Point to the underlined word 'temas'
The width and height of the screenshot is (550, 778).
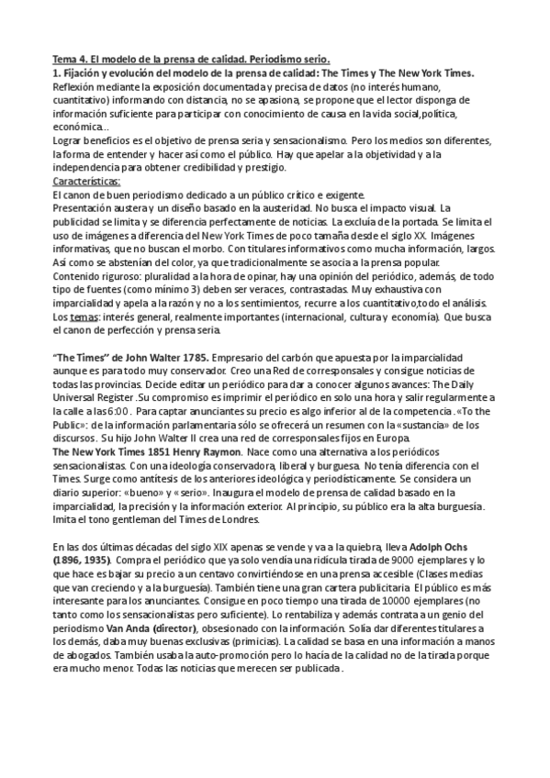[81, 316]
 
